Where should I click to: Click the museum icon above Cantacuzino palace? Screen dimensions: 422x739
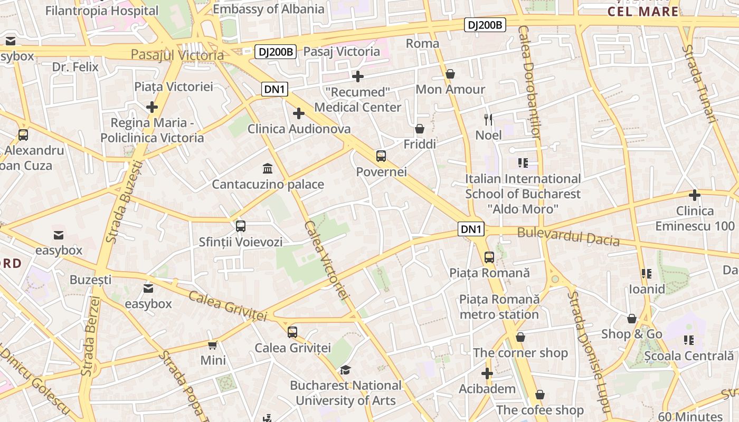point(268,169)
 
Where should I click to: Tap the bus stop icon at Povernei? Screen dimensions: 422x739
point(381,156)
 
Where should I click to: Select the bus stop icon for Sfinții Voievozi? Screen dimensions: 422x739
point(241,226)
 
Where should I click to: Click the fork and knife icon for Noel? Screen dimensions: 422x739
point(488,119)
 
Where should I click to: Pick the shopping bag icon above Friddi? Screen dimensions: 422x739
point(420,129)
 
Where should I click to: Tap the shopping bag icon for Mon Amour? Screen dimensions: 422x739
point(450,74)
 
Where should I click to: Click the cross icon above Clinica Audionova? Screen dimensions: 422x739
point(299,113)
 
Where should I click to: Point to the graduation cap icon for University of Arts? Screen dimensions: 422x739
point(345,370)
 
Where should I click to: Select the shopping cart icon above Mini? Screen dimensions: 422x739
point(213,345)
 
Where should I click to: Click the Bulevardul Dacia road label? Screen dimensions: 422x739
point(568,236)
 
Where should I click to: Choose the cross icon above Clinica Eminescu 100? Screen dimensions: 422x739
point(695,195)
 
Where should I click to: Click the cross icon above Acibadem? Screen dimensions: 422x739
point(487,373)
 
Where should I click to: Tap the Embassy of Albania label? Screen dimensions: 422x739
point(268,9)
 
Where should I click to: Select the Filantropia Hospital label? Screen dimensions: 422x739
point(101,11)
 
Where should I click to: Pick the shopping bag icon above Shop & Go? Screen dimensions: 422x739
point(631,319)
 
